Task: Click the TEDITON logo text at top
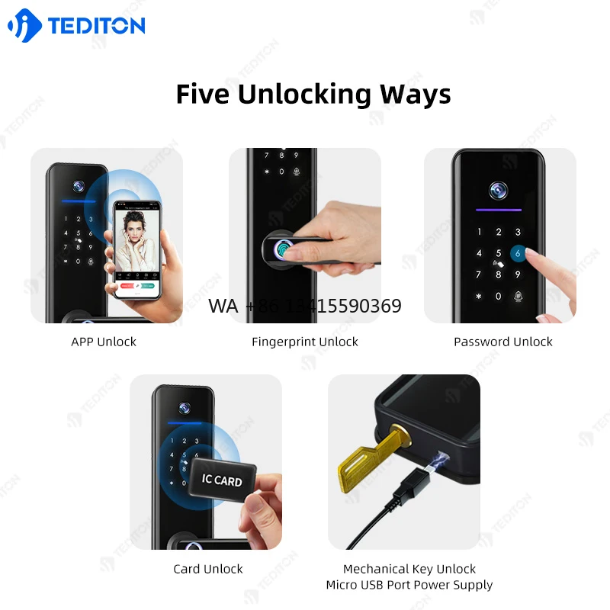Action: point(96,25)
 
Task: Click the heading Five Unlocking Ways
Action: point(313,94)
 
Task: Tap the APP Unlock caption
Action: point(104,342)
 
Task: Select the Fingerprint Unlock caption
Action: point(305,342)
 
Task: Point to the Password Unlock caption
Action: point(503,342)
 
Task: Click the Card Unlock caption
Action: point(208,569)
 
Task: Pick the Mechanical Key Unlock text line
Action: point(409,569)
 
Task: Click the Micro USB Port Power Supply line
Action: point(409,585)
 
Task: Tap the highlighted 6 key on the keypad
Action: point(518,254)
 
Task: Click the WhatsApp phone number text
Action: point(305,307)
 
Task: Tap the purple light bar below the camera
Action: point(499,211)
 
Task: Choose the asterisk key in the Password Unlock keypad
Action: point(479,296)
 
